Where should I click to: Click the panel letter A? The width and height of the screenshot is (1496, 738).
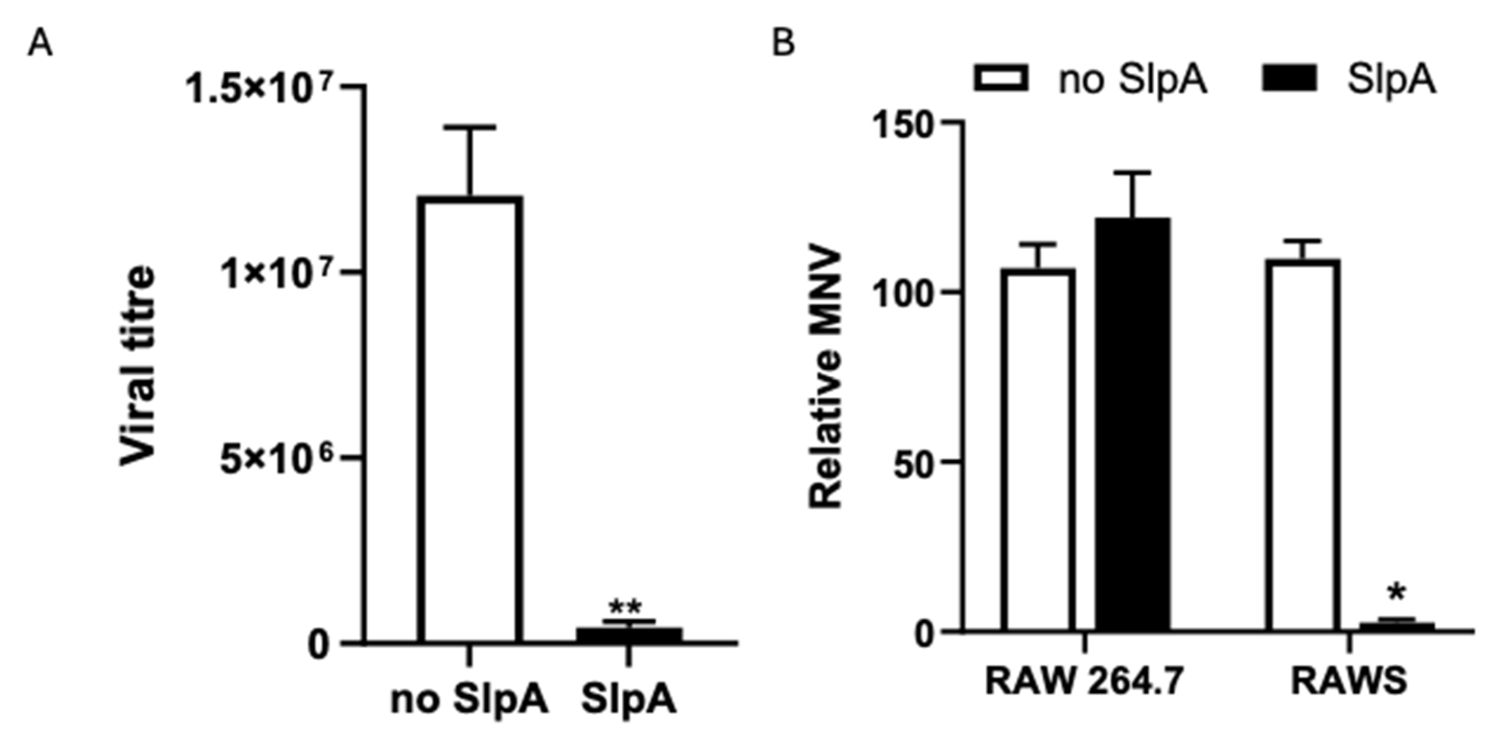point(40,44)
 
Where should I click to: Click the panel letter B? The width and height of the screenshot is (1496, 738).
point(783,42)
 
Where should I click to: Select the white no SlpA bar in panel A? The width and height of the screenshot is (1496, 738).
point(472,419)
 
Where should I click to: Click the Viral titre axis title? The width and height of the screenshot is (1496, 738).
point(138,366)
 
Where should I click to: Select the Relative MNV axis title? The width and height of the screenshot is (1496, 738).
point(825,378)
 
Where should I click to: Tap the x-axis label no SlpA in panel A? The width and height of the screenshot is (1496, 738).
point(469,700)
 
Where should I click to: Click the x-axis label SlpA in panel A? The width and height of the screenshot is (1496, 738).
point(629,700)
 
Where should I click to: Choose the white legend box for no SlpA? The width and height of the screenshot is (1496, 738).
point(1001,78)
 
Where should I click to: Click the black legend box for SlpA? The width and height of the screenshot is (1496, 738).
point(1289,78)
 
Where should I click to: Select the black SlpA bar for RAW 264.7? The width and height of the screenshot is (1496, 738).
point(1132,424)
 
